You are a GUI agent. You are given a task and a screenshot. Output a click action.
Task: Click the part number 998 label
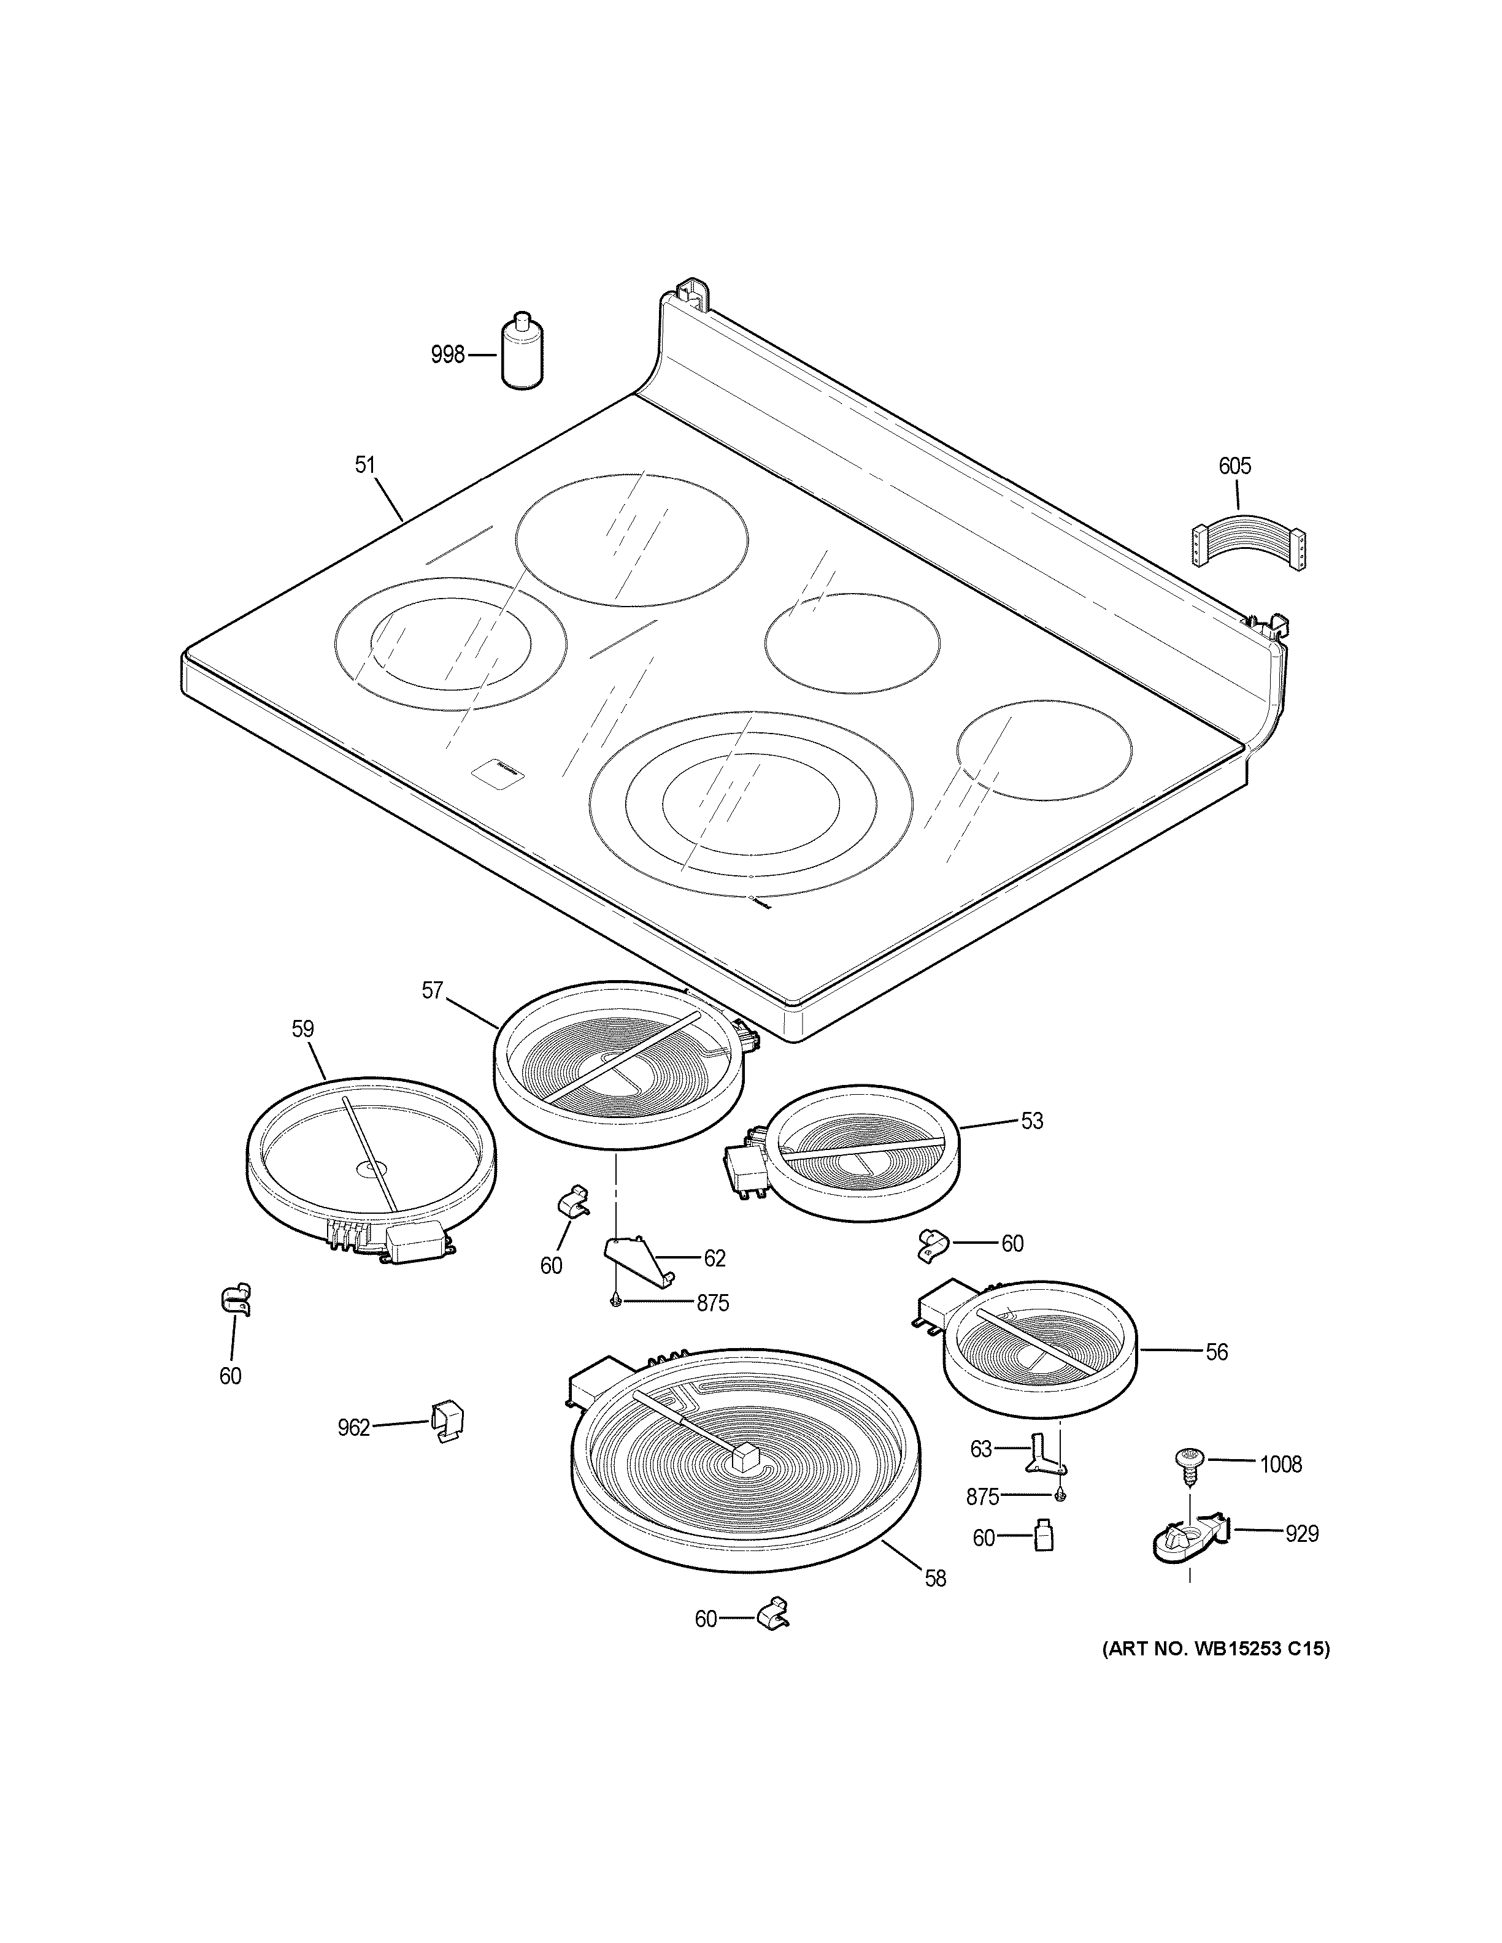click(447, 355)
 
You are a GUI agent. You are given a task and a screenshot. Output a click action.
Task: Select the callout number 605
click(1234, 466)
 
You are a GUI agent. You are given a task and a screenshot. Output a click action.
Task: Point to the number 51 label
click(365, 464)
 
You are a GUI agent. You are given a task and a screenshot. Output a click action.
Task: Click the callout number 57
click(433, 990)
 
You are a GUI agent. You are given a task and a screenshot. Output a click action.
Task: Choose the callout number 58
click(935, 1578)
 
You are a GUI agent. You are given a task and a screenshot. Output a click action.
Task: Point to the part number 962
click(353, 1428)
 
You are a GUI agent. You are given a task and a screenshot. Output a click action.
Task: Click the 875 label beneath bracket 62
click(712, 1303)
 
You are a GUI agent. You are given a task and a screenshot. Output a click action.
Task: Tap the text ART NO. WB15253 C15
click(1216, 1649)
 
